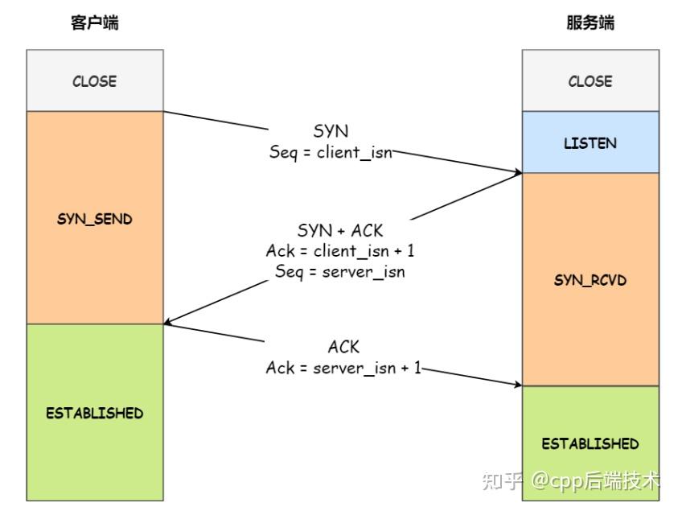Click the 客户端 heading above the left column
(x=95, y=23)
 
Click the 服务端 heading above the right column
(x=590, y=23)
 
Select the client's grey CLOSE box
(x=95, y=80)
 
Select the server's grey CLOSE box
(x=590, y=80)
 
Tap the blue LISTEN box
(x=590, y=142)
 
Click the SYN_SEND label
(x=95, y=219)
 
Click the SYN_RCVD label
(x=590, y=280)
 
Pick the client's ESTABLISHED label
(x=95, y=413)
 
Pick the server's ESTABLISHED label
(x=590, y=443)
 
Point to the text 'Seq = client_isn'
(x=331, y=150)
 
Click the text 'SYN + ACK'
(x=340, y=231)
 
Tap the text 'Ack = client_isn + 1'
(x=340, y=251)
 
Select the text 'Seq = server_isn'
(x=340, y=272)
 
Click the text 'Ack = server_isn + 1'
(x=343, y=368)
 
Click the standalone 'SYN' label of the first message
(x=331, y=130)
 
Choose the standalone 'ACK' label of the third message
(x=343, y=347)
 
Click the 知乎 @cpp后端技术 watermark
(x=570, y=480)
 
